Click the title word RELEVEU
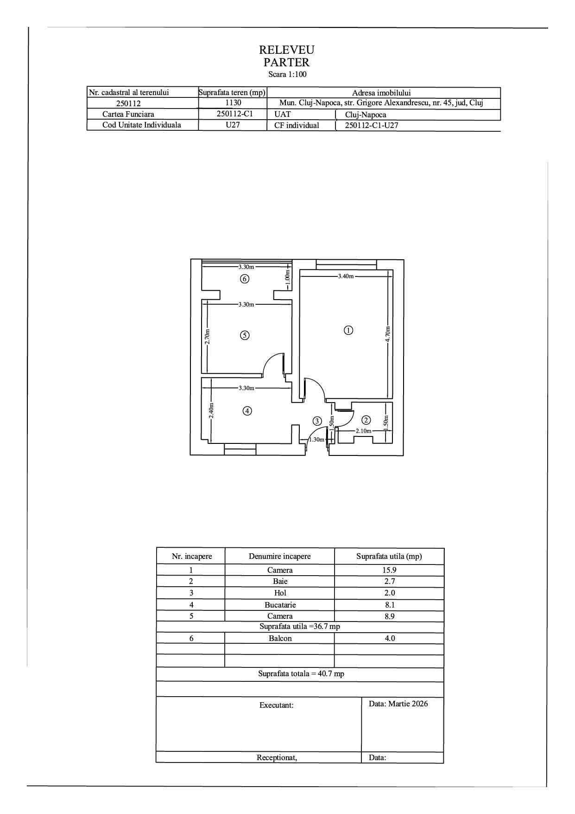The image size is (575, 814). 286,50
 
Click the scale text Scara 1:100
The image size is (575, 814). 287,74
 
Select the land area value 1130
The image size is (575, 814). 233,103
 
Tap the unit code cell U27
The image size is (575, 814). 233,125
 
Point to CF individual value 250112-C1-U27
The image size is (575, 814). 372,125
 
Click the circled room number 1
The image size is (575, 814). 348,330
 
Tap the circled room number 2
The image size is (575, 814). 366,420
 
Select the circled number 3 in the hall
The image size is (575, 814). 317,421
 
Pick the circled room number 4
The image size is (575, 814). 248,410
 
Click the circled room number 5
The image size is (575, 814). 245,335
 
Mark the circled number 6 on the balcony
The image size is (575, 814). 245,279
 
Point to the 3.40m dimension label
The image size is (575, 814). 346,276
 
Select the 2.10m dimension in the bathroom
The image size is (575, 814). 363,431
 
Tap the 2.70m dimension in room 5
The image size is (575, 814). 208,336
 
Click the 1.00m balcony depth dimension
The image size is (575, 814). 287,278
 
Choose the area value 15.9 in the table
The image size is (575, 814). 389,570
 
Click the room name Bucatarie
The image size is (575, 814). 280,605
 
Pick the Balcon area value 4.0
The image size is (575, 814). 390,638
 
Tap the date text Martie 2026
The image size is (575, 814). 408,704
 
